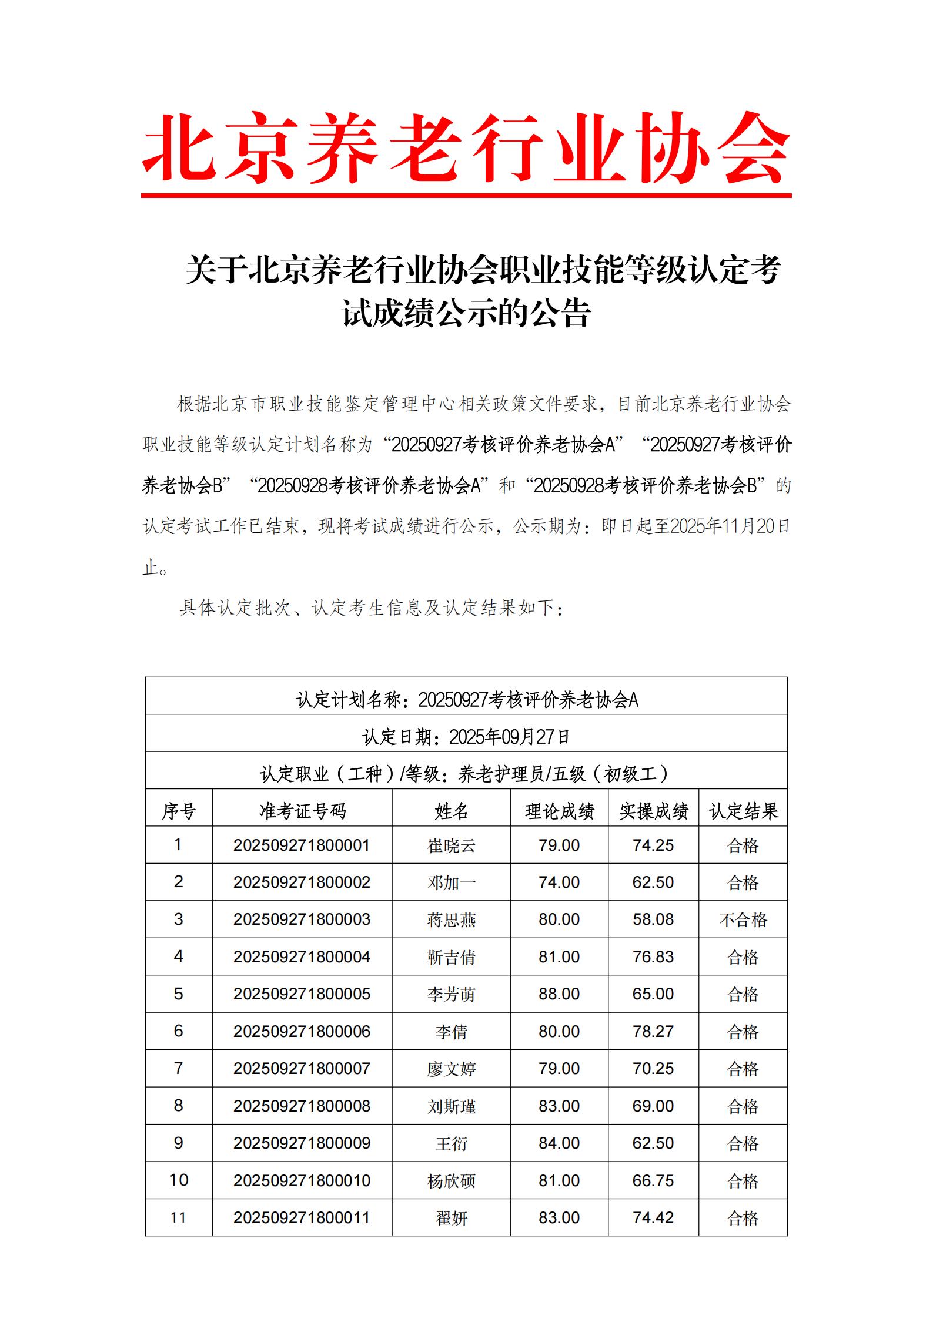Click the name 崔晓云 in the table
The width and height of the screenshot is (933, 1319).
coord(451,845)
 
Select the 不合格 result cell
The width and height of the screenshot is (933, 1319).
coord(743,919)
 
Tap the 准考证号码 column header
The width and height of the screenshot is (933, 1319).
coord(302,811)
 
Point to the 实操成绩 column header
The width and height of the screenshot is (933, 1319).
coord(653,811)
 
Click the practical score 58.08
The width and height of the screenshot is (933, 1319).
coord(653,919)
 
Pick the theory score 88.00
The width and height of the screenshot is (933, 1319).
coord(559,994)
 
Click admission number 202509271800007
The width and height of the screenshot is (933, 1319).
coord(302,1068)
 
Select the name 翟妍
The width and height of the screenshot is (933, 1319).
coord(451,1217)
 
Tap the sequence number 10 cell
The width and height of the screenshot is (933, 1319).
coord(179,1180)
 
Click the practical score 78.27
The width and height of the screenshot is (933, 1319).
coord(653,1031)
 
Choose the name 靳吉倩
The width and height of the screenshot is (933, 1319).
coord(451,957)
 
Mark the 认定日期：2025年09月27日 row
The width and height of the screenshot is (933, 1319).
coord(466,737)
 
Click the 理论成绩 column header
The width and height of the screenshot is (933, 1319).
coord(559,811)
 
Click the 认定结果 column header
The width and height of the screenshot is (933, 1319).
coord(743,811)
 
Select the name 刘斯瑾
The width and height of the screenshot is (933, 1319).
coord(451,1106)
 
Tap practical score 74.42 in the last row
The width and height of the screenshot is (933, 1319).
coord(653,1217)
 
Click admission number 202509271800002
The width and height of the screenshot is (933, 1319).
coord(302,882)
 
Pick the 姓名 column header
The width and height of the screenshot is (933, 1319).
coord(451,811)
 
